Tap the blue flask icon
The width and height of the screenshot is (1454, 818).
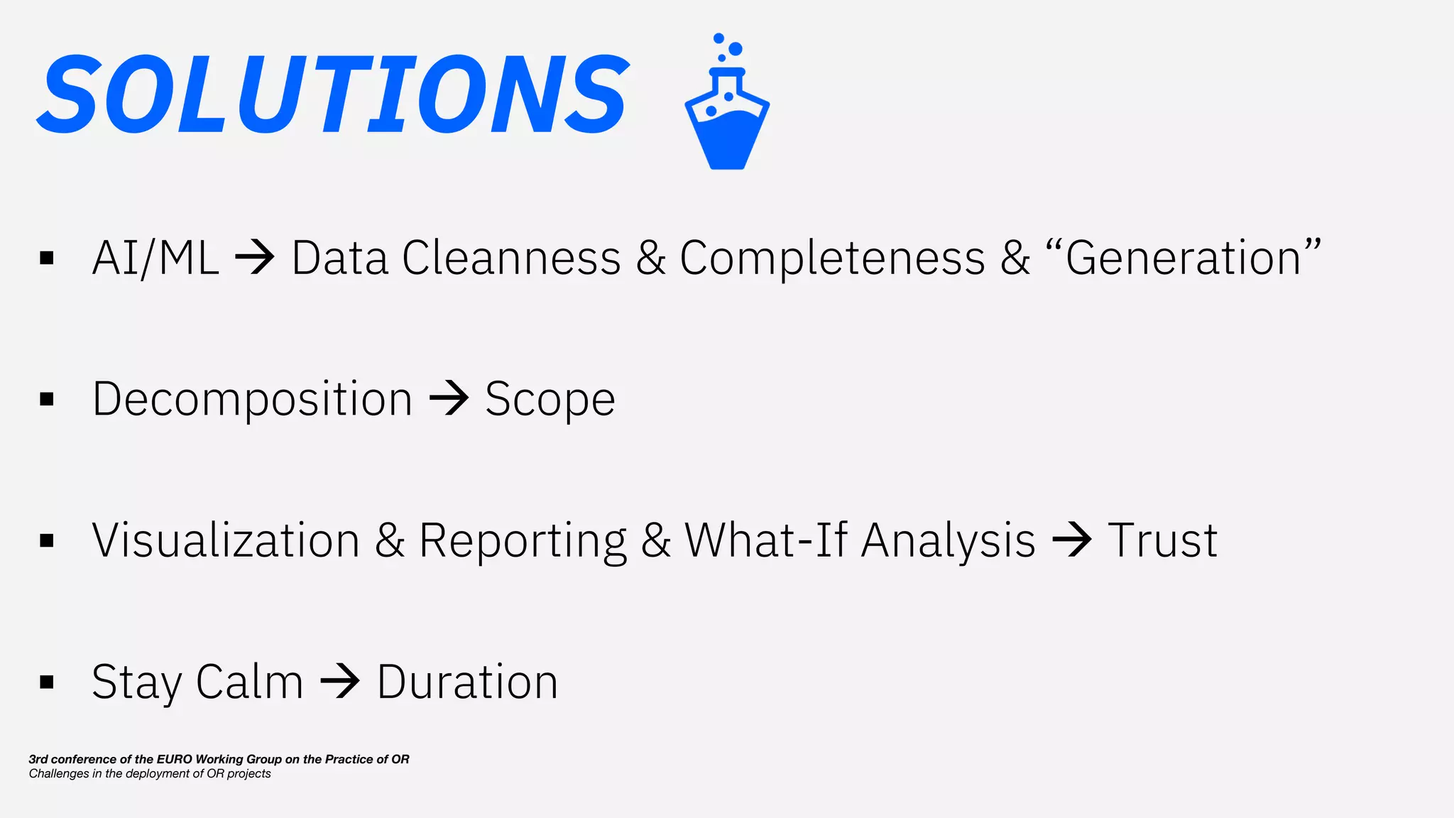[x=727, y=107]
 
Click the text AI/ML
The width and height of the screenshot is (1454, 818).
[x=155, y=257]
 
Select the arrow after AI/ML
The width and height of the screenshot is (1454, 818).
[x=255, y=257]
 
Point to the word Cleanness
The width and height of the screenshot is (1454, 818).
[x=511, y=257]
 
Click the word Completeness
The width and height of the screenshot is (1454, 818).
[x=832, y=257]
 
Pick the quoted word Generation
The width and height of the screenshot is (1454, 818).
[x=1183, y=257]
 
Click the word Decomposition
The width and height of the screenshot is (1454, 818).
[x=252, y=399]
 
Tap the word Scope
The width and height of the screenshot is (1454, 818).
[x=550, y=399]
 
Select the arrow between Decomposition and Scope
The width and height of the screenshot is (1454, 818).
[x=449, y=398]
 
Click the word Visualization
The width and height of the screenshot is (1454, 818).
[x=226, y=540]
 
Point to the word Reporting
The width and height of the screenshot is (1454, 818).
[x=523, y=540]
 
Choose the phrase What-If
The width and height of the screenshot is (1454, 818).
[x=765, y=540]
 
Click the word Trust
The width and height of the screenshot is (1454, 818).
[x=1162, y=540]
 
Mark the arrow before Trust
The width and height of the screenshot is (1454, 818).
[x=1071, y=540]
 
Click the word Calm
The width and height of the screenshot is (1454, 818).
[x=249, y=682]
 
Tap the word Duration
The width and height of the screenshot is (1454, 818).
[x=467, y=682]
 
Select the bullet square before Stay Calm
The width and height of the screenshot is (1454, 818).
[x=47, y=682]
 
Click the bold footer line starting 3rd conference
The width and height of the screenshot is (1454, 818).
[x=219, y=759]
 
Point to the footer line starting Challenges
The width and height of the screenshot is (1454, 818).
[x=150, y=774]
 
